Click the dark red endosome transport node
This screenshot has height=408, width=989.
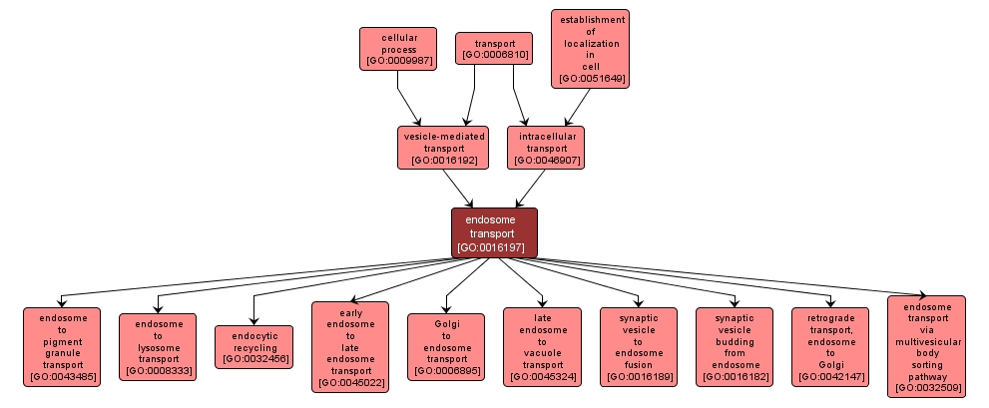pos(494,233)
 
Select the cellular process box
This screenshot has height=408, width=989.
pos(398,49)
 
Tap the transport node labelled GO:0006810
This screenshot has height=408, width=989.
pos(493,49)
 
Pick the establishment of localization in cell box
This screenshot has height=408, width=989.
pos(590,49)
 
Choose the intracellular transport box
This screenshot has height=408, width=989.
pos(546,147)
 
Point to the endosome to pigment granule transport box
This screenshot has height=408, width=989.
pos(62,347)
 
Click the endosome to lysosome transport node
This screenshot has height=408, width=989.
pos(158,346)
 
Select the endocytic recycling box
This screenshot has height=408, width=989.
pos(253,346)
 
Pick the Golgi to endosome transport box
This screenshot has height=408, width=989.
pos(445,346)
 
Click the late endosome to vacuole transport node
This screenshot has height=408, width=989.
pos(541,346)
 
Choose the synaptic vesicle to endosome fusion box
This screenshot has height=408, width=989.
pos(637,346)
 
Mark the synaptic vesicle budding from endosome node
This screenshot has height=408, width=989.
pos(734,346)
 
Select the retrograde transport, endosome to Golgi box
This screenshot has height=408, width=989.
pos(829,346)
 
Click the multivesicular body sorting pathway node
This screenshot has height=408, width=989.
pos(926,346)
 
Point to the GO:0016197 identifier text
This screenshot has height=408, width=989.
pos(494,246)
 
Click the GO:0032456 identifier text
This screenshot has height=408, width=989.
pos(253,359)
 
